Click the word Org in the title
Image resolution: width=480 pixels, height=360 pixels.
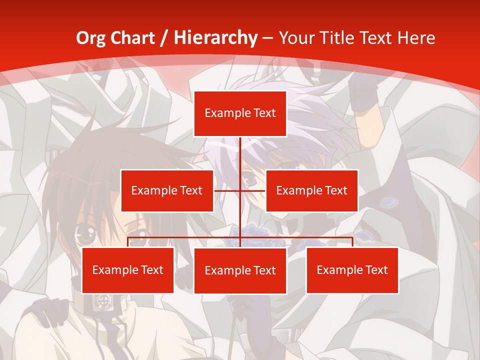90,38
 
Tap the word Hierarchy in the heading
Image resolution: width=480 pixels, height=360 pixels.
215,38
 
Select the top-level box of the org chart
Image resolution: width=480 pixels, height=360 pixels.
240,113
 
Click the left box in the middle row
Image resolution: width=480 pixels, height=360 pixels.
167,190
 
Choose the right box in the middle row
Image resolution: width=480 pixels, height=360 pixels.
311,190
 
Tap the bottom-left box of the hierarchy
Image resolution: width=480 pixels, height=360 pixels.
128,270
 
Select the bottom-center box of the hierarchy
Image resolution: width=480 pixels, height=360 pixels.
240,270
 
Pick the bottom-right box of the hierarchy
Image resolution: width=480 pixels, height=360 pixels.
352,270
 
